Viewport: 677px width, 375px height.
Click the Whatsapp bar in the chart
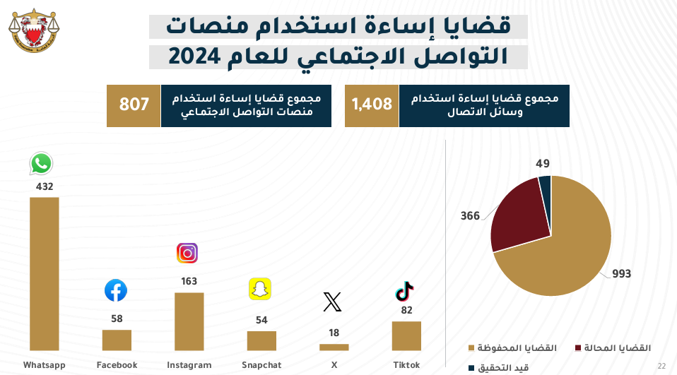click(44, 273)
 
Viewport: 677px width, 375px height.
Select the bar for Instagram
click(189, 321)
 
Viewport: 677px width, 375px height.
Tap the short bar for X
click(334, 347)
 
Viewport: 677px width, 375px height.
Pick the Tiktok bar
click(406, 335)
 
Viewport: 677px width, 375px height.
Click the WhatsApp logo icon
click(41, 164)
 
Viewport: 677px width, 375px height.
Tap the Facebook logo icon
click(116, 290)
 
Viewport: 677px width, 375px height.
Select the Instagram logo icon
click(187, 253)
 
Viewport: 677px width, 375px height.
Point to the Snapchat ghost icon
click(260, 289)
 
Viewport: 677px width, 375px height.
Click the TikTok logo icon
click(405, 290)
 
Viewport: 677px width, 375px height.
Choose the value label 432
click(45, 187)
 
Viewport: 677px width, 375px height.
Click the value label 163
click(189, 281)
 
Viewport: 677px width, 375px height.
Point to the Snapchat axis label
click(261, 365)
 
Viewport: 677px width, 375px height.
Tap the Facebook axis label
click(117, 365)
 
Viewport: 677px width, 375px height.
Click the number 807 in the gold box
click(134, 105)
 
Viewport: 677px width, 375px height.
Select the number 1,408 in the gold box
click(372, 105)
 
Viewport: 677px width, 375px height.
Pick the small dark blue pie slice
click(545, 188)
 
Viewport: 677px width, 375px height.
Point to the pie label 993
click(622, 274)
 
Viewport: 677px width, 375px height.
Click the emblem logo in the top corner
click(34, 30)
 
